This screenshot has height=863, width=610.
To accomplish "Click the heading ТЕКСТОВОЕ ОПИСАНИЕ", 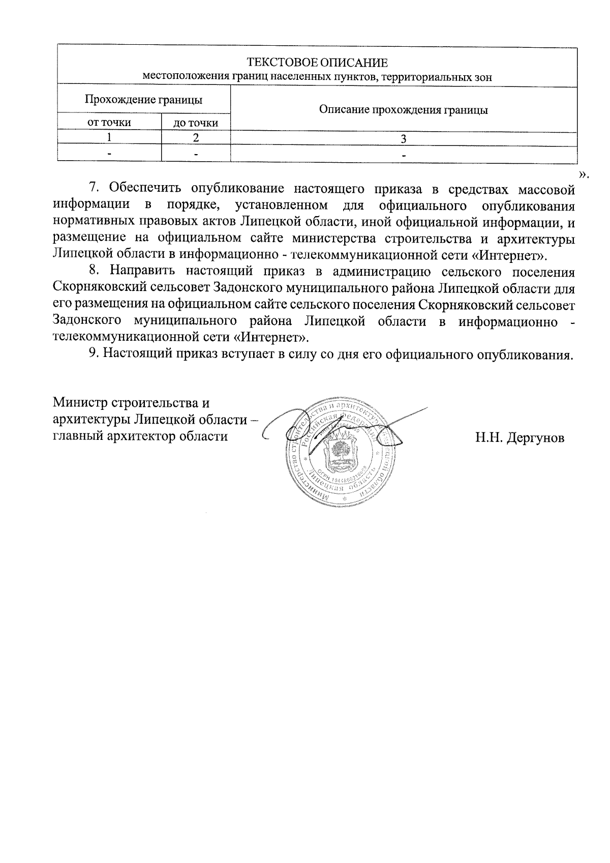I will (x=317, y=63).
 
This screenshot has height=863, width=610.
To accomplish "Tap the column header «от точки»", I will (x=109, y=122).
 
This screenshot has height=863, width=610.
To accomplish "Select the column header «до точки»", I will (x=196, y=123).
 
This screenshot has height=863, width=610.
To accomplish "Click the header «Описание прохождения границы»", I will (x=403, y=110).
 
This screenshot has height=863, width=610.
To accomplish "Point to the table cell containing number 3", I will (x=403, y=138).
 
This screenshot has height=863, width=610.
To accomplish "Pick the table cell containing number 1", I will (x=109, y=137).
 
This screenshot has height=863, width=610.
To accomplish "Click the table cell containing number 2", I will (x=196, y=137).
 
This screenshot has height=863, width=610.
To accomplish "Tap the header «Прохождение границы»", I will (x=143, y=100).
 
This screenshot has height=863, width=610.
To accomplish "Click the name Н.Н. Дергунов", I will (x=520, y=437).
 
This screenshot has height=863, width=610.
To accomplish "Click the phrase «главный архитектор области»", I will (x=140, y=436).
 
